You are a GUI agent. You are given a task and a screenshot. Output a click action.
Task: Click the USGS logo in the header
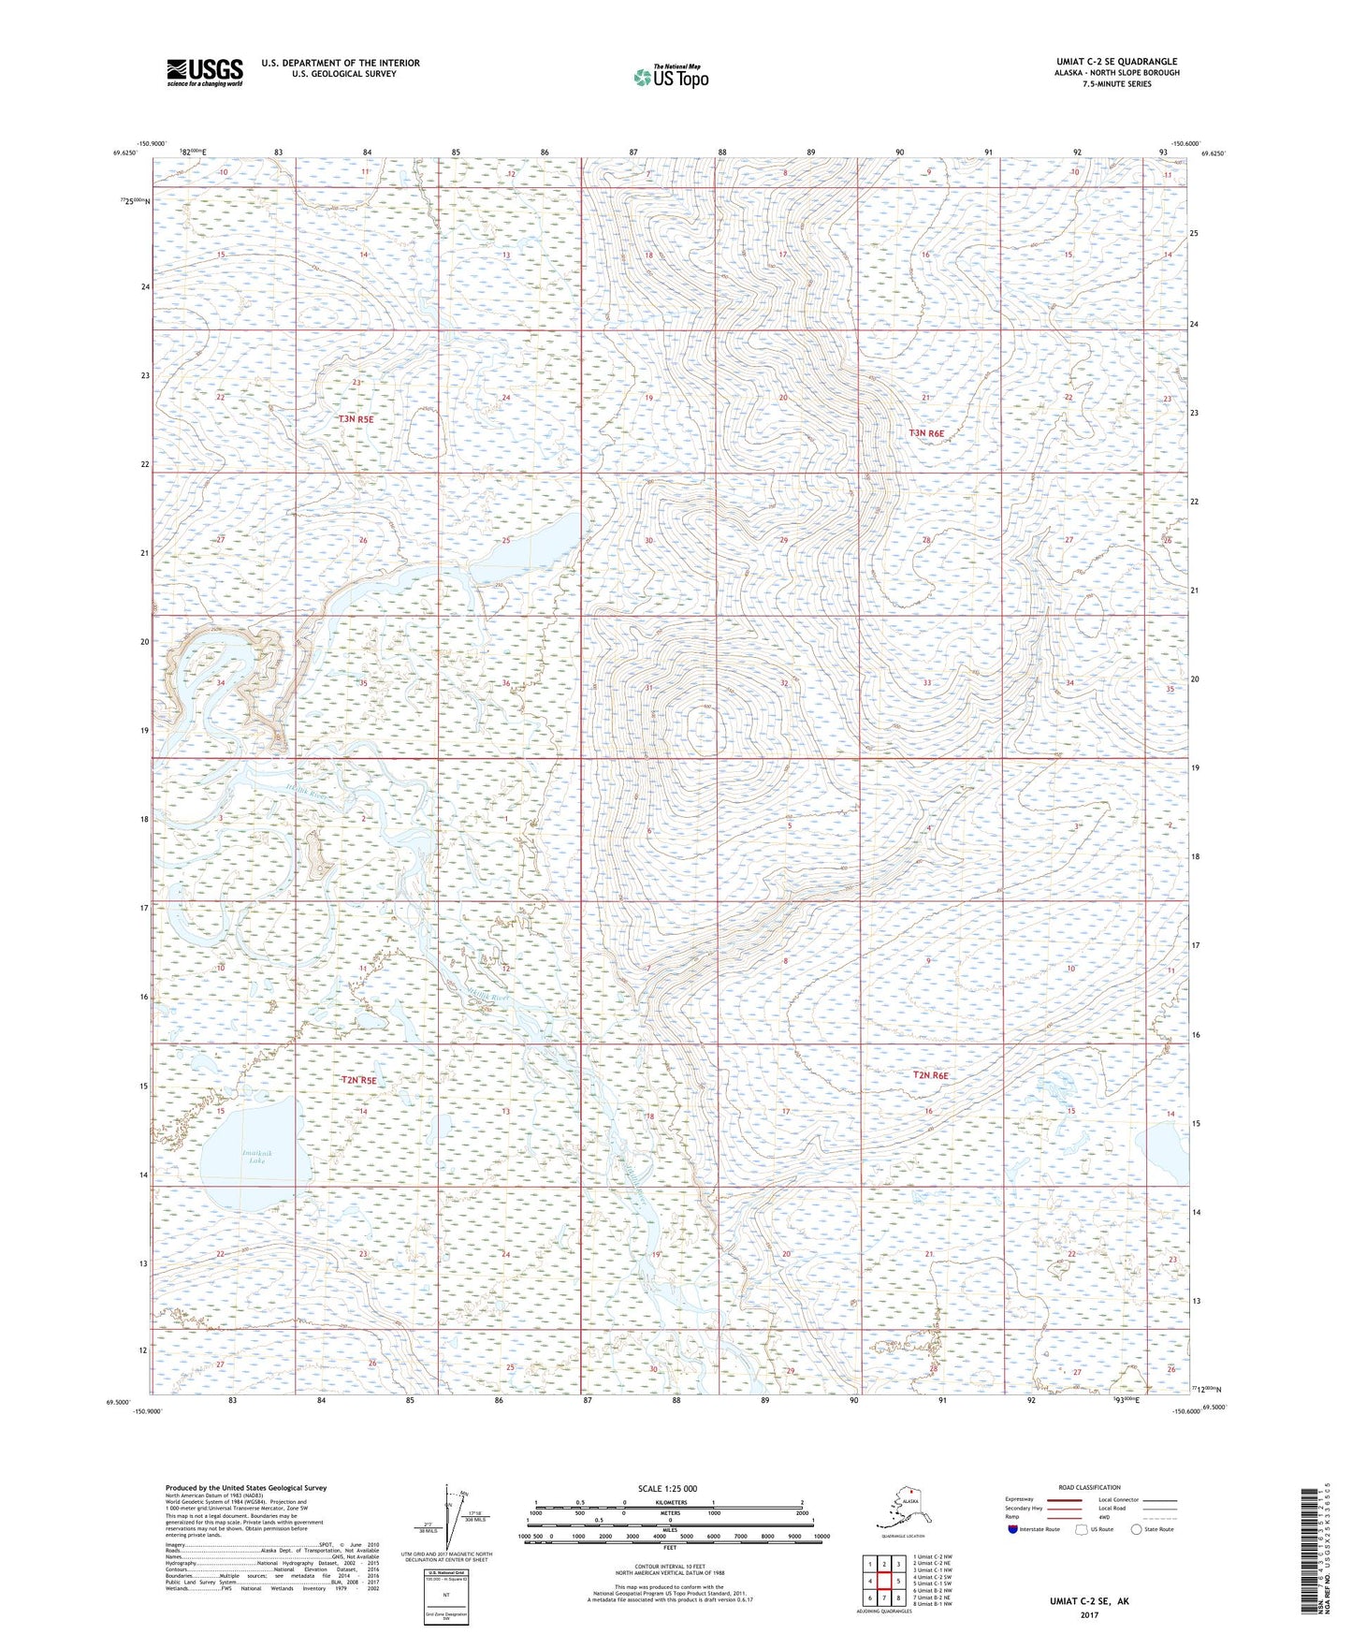204,72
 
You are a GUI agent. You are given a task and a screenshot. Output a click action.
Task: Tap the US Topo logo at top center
670,77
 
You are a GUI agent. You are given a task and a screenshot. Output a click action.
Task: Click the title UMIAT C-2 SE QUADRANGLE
1116,62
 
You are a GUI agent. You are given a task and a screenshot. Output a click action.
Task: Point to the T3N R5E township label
356,419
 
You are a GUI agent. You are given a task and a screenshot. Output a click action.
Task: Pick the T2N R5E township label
358,1080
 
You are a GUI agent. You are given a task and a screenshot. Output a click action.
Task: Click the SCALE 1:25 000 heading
667,1488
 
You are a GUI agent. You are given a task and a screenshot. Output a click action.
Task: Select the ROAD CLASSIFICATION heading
1089,1487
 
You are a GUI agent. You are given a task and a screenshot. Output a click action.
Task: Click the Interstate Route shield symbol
1012,1529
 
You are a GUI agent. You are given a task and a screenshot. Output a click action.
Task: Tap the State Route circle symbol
1136,1529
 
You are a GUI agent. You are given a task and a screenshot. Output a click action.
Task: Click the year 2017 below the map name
1089,1614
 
